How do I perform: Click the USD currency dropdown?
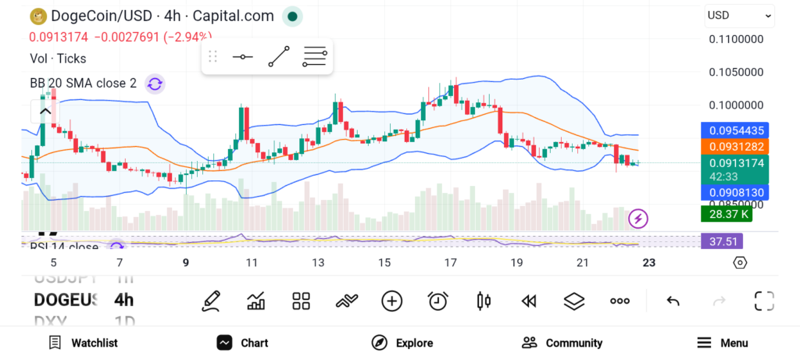click(738, 15)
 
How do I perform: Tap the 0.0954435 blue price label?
click(736, 130)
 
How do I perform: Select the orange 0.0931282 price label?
click(736, 146)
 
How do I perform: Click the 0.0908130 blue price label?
click(736, 192)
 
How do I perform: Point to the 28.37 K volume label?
click(726, 214)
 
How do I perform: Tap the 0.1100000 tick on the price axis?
click(736, 38)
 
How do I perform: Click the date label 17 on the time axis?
click(450, 262)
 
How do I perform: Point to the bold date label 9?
click(186, 262)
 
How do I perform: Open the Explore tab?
click(402, 343)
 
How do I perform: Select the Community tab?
click(562, 343)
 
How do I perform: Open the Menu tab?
click(723, 343)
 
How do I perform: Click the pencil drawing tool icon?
click(210, 301)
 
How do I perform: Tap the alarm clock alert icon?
click(437, 301)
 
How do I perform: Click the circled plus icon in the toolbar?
click(391, 301)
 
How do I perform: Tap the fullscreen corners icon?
click(763, 301)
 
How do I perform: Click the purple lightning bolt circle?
click(638, 219)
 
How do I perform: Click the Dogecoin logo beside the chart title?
click(37, 16)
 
